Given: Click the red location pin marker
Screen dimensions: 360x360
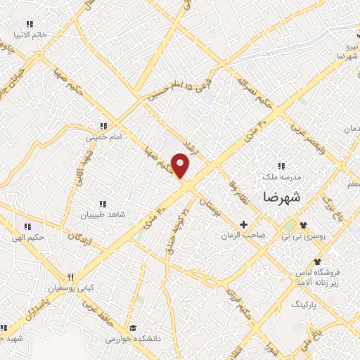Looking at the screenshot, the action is (181, 166).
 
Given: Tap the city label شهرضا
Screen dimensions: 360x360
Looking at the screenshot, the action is (281, 198).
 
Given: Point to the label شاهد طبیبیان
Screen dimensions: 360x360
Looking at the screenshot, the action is (101, 214).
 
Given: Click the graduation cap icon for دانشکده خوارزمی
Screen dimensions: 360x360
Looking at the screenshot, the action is (132, 328).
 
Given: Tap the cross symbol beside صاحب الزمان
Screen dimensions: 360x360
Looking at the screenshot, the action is (243, 225).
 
